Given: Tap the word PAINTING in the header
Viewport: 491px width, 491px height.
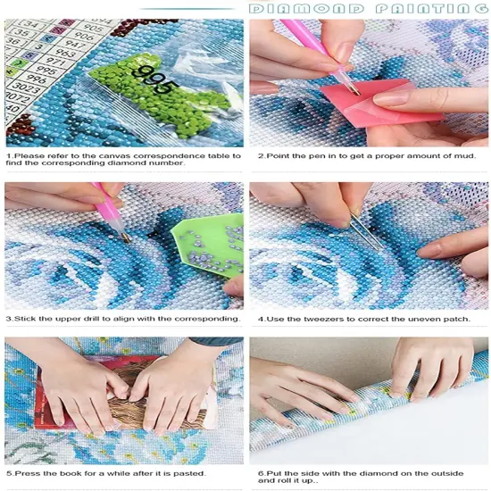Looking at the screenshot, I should [429, 8].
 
